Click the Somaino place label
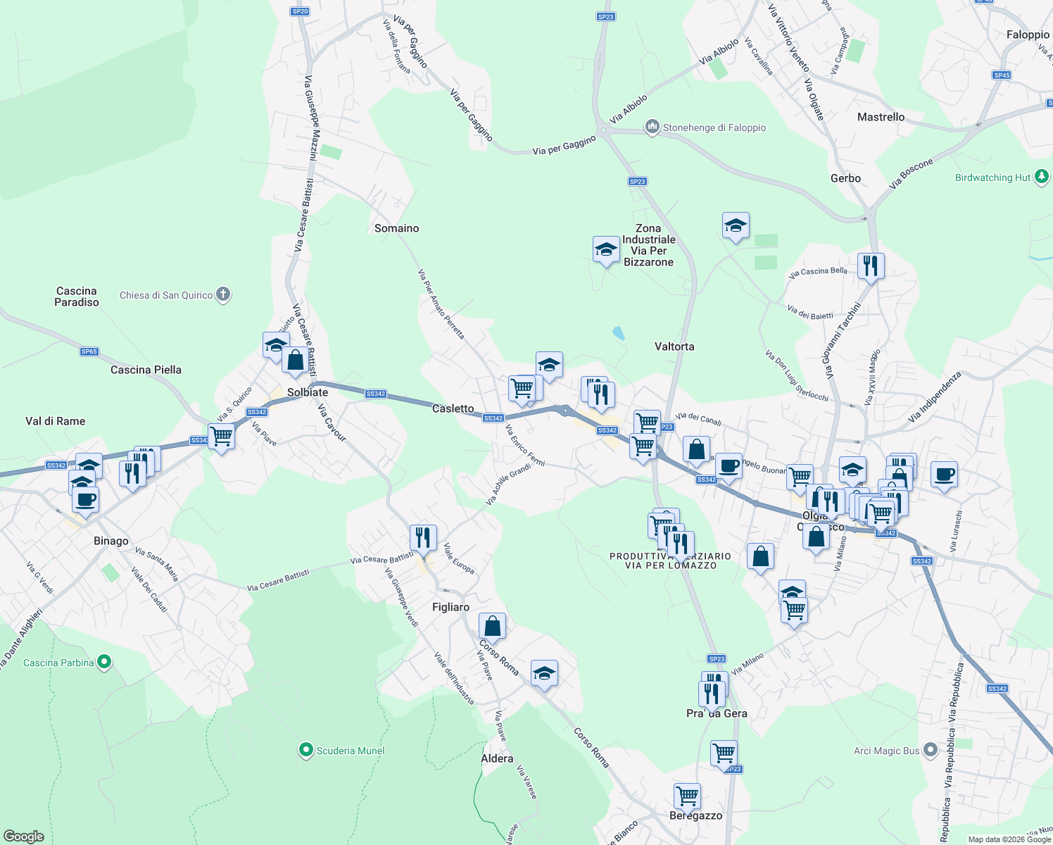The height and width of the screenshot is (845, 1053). click(396, 228)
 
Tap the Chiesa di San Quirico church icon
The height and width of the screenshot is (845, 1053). click(223, 294)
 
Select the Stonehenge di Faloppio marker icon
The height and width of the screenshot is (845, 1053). click(652, 127)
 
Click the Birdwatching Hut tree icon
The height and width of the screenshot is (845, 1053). click(1042, 177)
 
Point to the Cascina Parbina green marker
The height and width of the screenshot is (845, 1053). click(104, 662)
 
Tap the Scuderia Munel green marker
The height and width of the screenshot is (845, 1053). click(305, 751)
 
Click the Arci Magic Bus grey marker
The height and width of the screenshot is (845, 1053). click(931, 750)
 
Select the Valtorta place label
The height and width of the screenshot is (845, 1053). click(674, 346)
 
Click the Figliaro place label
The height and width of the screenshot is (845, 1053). click(450, 607)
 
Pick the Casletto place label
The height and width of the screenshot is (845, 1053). click(453, 408)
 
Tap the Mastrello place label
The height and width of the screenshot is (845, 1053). click(881, 117)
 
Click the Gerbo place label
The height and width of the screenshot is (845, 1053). click(845, 178)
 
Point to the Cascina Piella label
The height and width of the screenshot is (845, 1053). click(146, 370)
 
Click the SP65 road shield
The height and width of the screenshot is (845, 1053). click(89, 351)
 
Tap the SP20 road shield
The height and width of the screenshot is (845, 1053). click(300, 11)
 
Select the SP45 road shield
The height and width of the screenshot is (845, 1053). click(1002, 75)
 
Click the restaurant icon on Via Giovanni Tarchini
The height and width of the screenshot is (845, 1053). click(871, 266)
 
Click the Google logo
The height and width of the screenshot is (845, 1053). click(23, 837)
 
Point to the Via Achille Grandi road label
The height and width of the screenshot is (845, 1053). click(508, 484)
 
